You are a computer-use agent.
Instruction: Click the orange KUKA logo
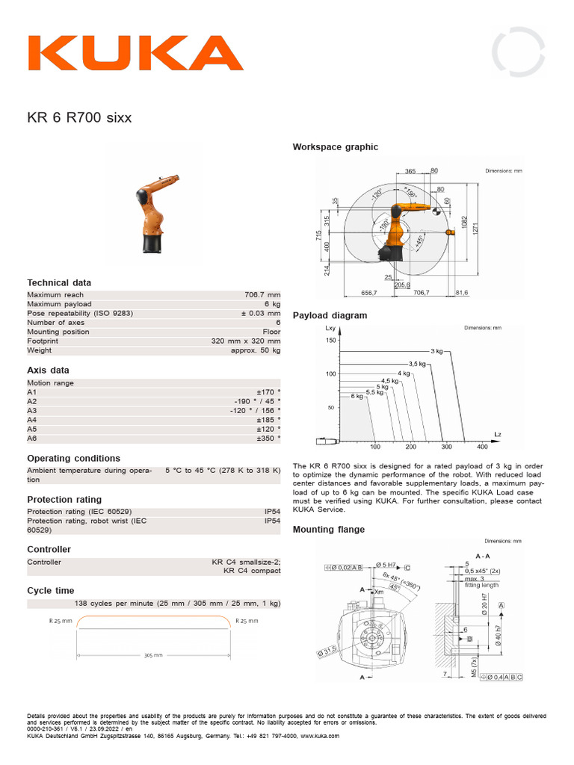pyautogui.click(x=135, y=54)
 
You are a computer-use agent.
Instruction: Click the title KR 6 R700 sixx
pyautogui.click(x=79, y=118)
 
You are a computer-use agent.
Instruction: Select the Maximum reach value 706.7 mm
pyautogui.click(x=262, y=295)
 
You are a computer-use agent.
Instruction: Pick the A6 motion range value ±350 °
pyautogui.click(x=268, y=438)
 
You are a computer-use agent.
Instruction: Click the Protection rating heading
pyautogui.click(x=64, y=499)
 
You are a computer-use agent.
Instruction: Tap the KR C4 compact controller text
pyautogui.click(x=252, y=571)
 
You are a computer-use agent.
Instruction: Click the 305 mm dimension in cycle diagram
pyautogui.click(x=152, y=655)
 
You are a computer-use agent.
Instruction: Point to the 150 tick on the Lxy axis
pyautogui.click(x=330, y=340)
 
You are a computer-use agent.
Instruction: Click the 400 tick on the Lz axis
pyautogui.click(x=482, y=447)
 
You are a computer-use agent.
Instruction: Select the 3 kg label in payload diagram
pyautogui.click(x=436, y=350)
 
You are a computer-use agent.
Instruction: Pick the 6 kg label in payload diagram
pyautogui.click(x=357, y=396)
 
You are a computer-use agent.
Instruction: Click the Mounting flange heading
pyautogui.click(x=329, y=530)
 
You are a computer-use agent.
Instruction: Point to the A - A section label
pyautogui.click(x=483, y=556)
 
